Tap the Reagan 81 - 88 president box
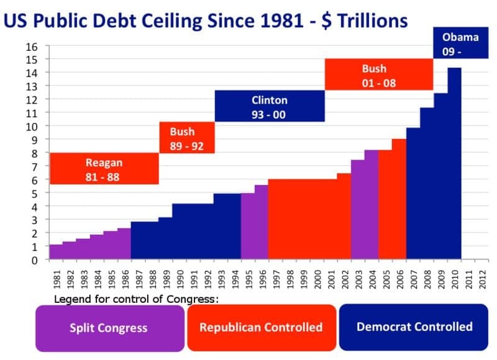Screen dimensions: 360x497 pyautogui.click(x=104, y=169)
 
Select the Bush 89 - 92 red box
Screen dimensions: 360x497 pyautogui.click(x=187, y=138)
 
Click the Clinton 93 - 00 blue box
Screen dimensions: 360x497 pyautogui.click(x=269, y=107)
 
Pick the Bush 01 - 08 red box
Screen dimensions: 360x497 pyautogui.click(x=378, y=75)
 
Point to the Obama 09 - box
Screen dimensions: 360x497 pyautogui.click(x=460, y=44)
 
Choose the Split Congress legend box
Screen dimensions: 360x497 pyautogui.click(x=109, y=327)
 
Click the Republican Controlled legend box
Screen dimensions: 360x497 pyautogui.click(x=261, y=327)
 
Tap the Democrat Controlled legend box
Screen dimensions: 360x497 pyautogui.click(x=414, y=326)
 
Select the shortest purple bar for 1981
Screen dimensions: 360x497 pyautogui.click(x=55, y=252)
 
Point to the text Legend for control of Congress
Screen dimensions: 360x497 pyautogui.click(x=137, y=300)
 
